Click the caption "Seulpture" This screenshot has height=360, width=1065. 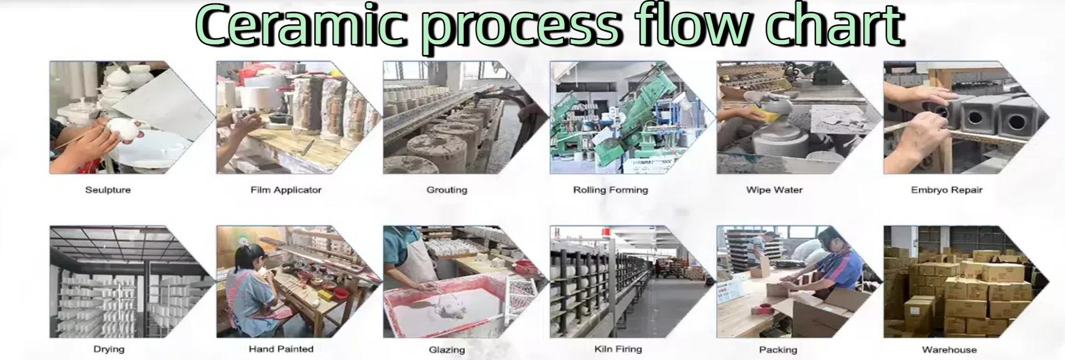click(108, 190)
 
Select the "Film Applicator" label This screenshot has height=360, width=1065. click(286, 190)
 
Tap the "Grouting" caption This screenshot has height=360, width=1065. click(447, 190)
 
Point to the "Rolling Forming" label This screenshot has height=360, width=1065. click(610, 190)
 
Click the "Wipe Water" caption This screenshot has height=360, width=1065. click(774, 190)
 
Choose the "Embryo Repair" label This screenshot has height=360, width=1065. click(946, 190)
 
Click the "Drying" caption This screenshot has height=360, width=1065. click(109, 349)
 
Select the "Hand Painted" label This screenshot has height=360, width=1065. click(281, 349)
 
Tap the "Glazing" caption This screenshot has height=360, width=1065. click(447, 350)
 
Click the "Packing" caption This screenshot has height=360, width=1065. click(778, 350)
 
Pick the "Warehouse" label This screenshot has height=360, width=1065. click(949, 350)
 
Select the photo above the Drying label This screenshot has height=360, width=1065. click(122, 281)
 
